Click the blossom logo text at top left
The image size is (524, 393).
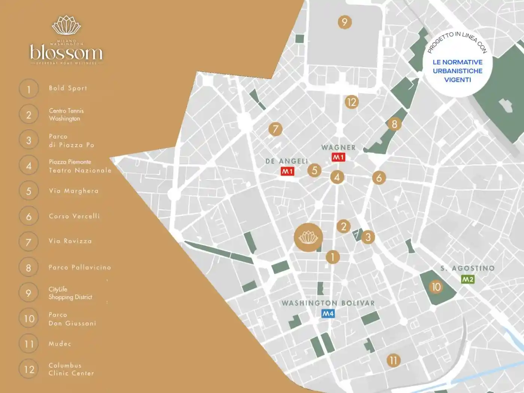point(66,52)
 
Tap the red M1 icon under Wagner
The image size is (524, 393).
point(338,158)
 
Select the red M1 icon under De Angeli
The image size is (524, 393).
point(287,171)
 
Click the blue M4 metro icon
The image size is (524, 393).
point(328,314)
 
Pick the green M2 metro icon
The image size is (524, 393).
point(467,280)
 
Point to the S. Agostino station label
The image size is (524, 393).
point(467,268)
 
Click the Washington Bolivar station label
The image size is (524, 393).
point(328,303)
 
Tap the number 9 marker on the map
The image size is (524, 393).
point(344,22)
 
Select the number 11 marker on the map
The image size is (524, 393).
point(393,360)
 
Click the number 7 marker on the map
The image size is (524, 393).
point(275,129)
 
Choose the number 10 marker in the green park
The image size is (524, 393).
point(436,287)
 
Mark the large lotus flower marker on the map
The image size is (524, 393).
point(308,237)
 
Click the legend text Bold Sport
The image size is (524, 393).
point(68,88)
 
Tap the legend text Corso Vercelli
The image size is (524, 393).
point(74,216)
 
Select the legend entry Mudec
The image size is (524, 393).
point(60,344)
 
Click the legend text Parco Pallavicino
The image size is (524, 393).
point(80,268)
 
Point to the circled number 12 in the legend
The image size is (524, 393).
point(29,369)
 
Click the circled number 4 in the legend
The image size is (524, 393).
point(29,166)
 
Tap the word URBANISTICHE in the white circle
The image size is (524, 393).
point(457,71)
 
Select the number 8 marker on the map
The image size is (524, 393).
point(394,124)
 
